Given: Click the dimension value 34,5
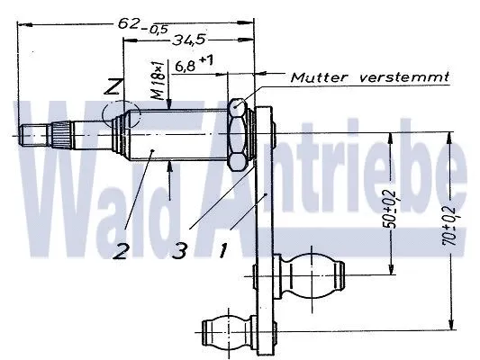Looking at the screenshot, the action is point(188,40).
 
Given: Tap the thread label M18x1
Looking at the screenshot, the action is point(158,80).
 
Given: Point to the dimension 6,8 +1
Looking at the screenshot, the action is point(194,64).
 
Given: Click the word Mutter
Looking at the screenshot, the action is point(320,77).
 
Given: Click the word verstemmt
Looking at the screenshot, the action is point(404,76).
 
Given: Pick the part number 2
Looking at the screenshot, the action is point(120,252).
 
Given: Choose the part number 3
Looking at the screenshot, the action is point(180,251).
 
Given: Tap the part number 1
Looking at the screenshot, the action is point(222,250).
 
